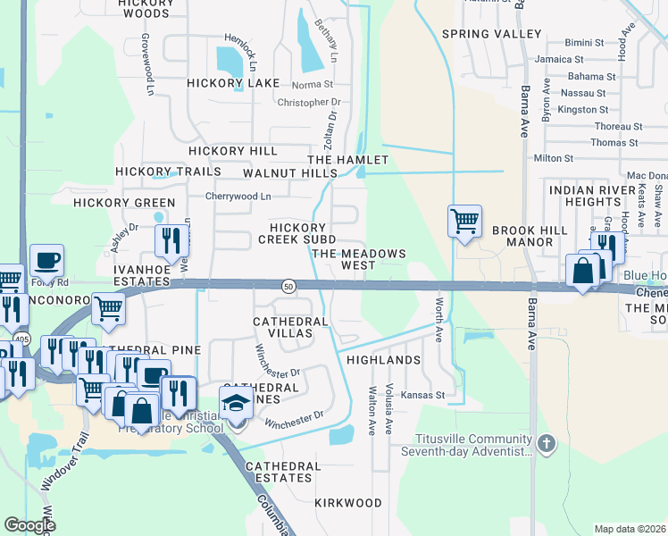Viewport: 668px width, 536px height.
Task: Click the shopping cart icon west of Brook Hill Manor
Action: click(x=464, y=220)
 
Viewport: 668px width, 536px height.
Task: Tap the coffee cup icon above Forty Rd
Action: click(x=46, y=260)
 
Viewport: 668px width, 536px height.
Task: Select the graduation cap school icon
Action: click(x=236, y=404)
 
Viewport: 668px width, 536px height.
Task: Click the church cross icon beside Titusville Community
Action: click(x=548, y=444)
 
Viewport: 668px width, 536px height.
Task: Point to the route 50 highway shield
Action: click(x=288, y=285)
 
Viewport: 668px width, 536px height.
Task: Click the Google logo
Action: click(x=29, y=524)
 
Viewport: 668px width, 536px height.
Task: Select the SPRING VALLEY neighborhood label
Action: click(x=491, y=34)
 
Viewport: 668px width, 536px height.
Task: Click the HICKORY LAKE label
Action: click(x=233, y=83)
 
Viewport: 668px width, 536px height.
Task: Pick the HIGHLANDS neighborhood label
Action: click(x=382, y=360)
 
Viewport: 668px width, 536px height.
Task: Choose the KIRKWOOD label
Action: click(x=348, y=503)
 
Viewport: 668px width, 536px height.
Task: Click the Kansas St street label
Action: click(x=422, y=394)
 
